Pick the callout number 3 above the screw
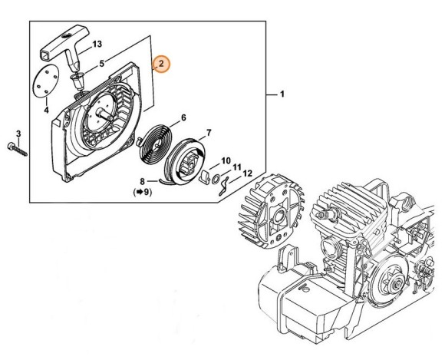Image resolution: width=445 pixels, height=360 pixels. [x=18, y=134]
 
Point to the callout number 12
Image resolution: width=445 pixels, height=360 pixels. [x=247, y=174]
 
